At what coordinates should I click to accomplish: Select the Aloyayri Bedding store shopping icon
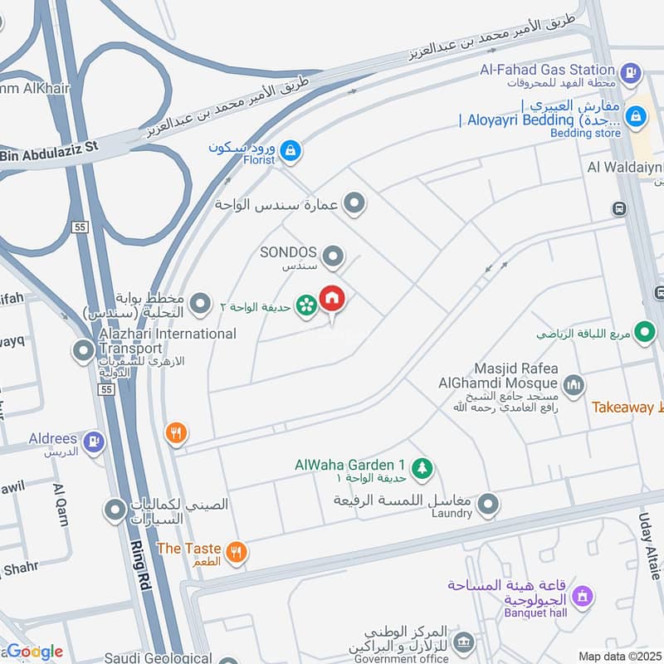637,116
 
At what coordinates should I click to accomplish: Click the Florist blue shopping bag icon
290,150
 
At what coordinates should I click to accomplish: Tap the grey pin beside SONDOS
333,257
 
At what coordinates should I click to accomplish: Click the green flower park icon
306,306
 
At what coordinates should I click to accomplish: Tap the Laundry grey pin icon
489,504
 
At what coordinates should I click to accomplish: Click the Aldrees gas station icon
95,442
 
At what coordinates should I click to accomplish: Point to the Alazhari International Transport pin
83,352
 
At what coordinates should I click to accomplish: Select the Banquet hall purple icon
583,596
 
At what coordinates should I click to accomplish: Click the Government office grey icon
464,641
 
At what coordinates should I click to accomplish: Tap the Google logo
35,652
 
